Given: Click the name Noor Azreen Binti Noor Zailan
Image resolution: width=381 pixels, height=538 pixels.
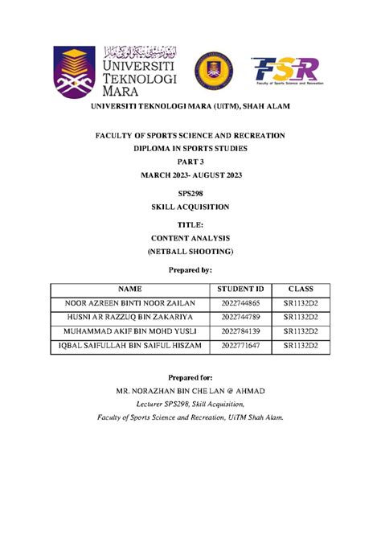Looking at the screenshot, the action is click(x=130, y=304).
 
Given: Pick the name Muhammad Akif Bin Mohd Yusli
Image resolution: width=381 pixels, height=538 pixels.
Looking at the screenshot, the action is click(x=130, y=331).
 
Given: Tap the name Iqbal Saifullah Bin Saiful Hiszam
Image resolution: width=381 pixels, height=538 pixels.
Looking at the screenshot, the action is click(x=130, y=346).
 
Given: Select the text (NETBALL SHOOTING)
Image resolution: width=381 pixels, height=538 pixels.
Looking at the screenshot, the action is click(x=190, y=252).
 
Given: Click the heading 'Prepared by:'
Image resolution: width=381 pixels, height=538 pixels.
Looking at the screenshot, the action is click(x=190, y=270).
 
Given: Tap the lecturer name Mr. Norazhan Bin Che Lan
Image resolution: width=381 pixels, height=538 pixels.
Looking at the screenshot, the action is click(x=190, y=391).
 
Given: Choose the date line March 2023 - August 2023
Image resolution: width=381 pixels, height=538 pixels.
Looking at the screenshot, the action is click(x=190, y=176).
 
